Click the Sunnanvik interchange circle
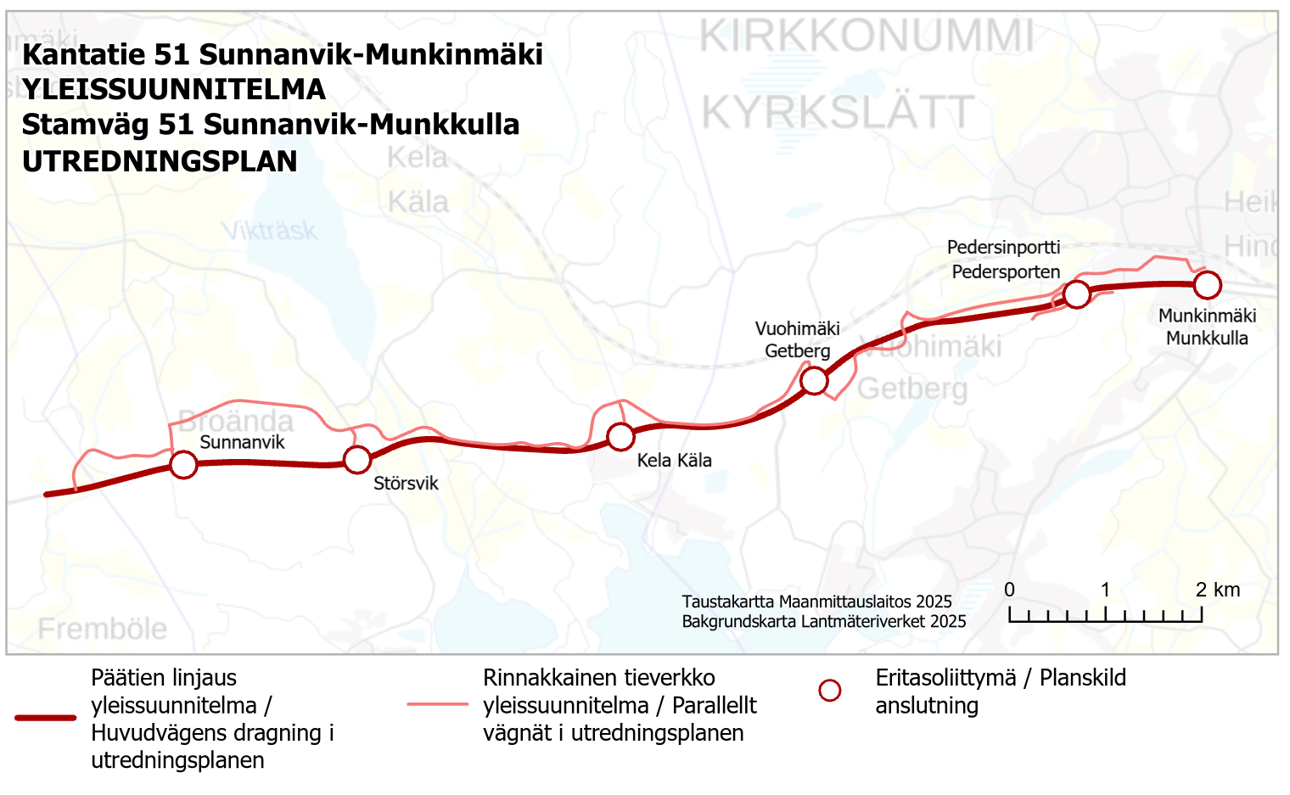[x=183, y=464]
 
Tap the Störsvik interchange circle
[x=357, y=459]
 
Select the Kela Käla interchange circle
[x=620, y=436]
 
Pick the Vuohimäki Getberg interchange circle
[x=814, y=381]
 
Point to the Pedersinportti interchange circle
[x=1076, y=294]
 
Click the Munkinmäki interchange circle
[x=1207, y=285]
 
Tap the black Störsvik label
[x=406, y=484]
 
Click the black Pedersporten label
[x=1006, y=272]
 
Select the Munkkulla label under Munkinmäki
[x=1207, y=339]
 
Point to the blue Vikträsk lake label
[x=269, y=231]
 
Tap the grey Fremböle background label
[x=103, y=630]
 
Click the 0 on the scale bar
[x=1009, y=590]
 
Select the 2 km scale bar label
[x=1218, y=590]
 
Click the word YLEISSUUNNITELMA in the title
[x=174, y=89]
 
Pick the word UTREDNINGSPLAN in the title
[x=160, y=161]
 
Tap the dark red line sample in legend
[x=46, y=718]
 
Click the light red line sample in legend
[x=437, y=704]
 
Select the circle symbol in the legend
[x=830, y=691]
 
